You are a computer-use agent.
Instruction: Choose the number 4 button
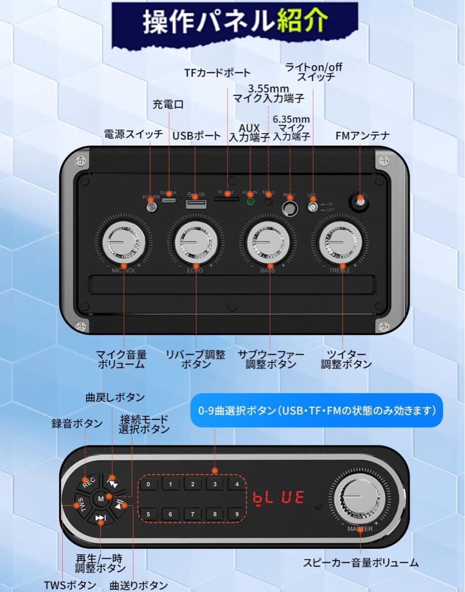tap(237, 484)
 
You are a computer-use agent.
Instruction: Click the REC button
tap(87, 481)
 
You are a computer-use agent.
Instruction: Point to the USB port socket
tap(195, 204)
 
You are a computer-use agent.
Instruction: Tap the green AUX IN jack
tap(251, 201)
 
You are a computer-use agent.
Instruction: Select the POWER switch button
tap(152, 207)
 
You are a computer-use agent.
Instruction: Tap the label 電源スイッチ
tap(133, 134)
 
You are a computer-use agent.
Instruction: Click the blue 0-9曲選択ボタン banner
tap(316, 410)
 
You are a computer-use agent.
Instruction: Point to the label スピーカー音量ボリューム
tap(361, 562)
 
